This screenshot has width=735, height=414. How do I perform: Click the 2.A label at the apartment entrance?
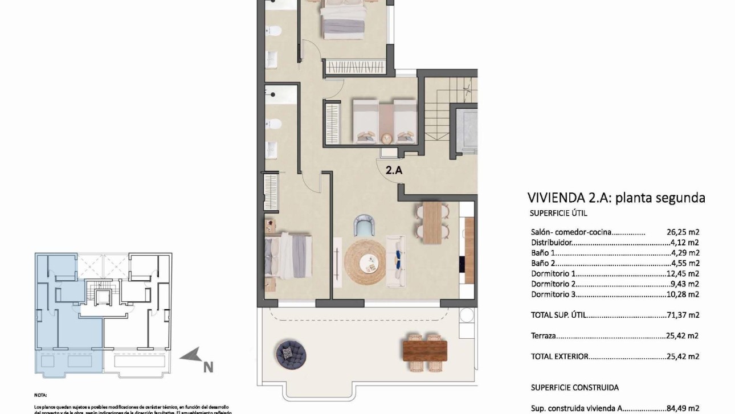click(x=394, y=169)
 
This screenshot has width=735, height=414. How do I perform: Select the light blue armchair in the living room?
click(x=364, y=226)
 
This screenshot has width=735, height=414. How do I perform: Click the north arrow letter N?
click(x=209, y=367)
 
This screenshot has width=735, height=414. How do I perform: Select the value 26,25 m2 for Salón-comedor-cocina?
click(x=683, y=232)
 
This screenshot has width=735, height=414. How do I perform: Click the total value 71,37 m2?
click(x=683, y=315)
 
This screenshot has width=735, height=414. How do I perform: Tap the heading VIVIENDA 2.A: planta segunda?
click(x=616, y=198)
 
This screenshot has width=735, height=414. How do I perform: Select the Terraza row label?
click(x=543, y=336)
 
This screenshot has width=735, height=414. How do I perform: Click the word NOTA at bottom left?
click(x=41, y=394)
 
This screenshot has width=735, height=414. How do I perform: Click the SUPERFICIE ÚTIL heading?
click(x=558, y=214)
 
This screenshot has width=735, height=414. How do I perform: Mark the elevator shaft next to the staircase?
click(x=467, y=129)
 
